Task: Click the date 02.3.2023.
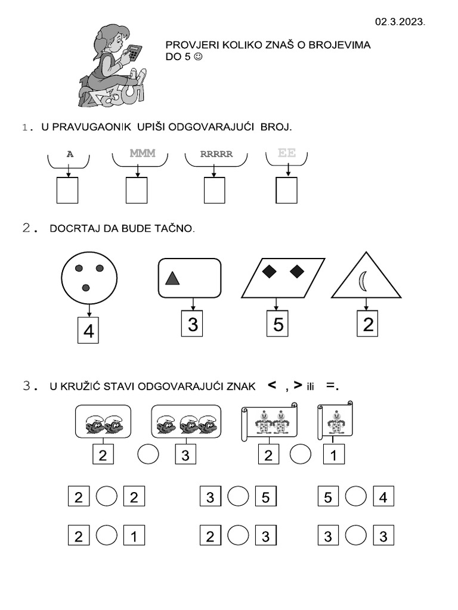tap(400, 21)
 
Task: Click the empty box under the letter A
tap(67, 191)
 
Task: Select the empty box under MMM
tap(137, 191)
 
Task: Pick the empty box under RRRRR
tap(214, 191)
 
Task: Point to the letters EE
tap(287, 153)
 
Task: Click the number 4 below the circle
tap(89, 331)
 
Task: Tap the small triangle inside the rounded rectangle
tap(172, 278)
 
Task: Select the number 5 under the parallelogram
tap(277, 325)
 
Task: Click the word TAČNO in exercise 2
tap(178, 229)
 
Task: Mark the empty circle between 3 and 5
tap(238, 496)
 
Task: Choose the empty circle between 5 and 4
tap(356, 496)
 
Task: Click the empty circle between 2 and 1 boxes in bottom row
tap(106, 536)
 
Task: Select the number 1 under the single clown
tap(334, 456)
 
